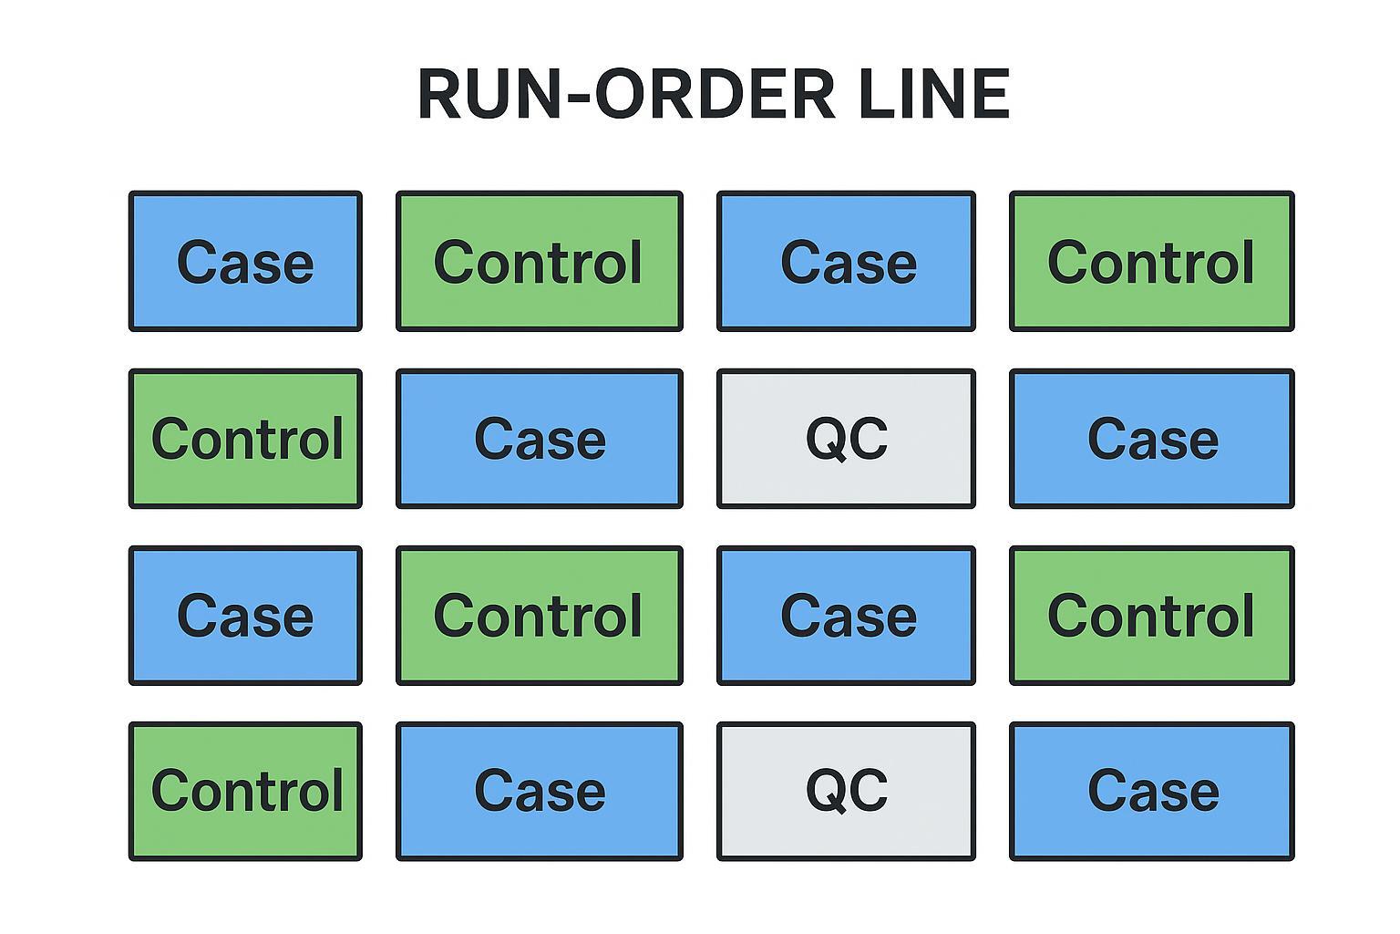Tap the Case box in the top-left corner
pos(245,262)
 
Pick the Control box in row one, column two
pos(539,262)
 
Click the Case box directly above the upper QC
pos(846,262)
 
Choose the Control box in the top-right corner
pos(1151,262)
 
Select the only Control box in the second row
pos(245,439)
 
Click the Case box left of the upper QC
pos(539,439)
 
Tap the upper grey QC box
pos(846,439)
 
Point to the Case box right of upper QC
pos(1151,439)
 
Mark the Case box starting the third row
pos(245,616)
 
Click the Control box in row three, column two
pos(539,616)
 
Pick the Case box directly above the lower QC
pos(846,616)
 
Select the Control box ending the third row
pos(1151,616)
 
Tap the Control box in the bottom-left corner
pos(245,791)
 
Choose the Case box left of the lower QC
pos(539,791)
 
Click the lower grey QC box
pos(846,791)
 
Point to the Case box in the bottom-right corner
pos(1151,791)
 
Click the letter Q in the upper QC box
pos(826,440)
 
